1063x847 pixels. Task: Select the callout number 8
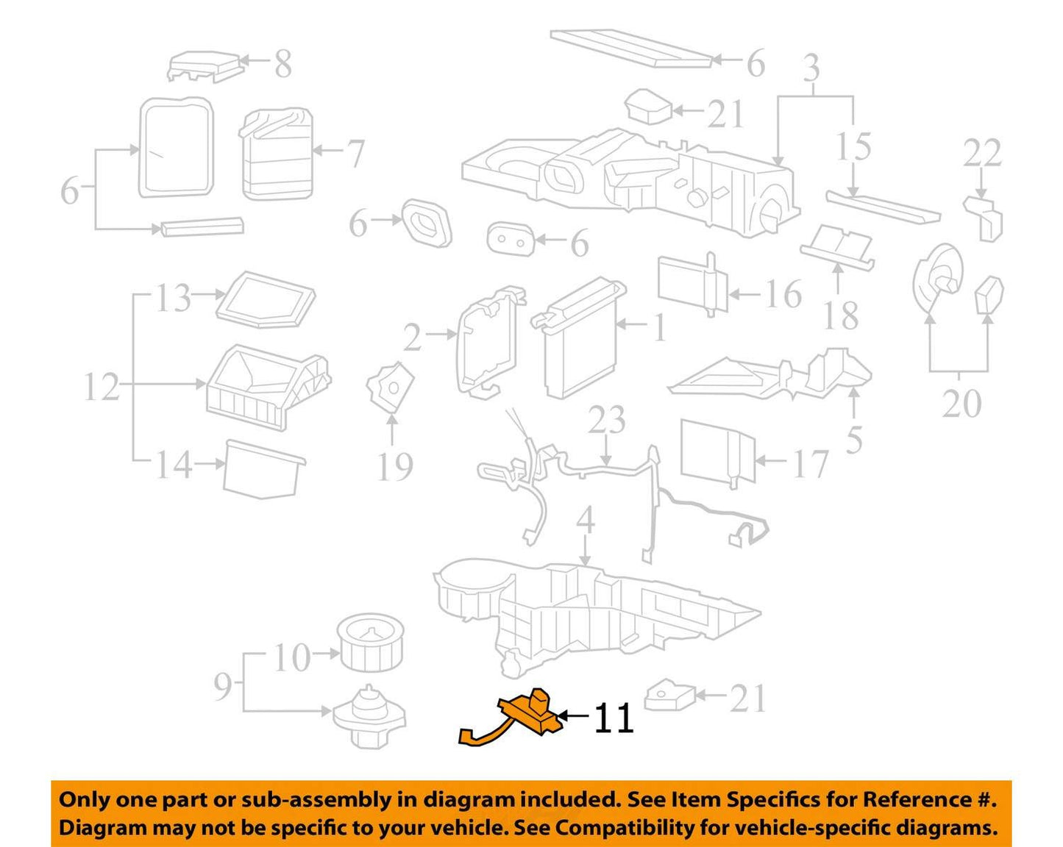click(283, 63)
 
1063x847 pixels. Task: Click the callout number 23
click(607, 420)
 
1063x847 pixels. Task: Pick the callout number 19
click(395, 466)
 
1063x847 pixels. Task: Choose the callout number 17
click(810, 463)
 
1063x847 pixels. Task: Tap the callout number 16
click(783, 294)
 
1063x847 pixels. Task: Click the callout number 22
click(982, 153)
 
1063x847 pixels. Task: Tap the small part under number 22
click(984, 219)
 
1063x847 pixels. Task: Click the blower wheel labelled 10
click(370, 642)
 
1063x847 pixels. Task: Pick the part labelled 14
click(264, 469)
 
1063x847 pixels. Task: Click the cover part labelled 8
click(205, 66)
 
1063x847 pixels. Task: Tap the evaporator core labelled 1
click(579, 337)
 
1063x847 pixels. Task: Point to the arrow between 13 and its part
click(208, 294)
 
